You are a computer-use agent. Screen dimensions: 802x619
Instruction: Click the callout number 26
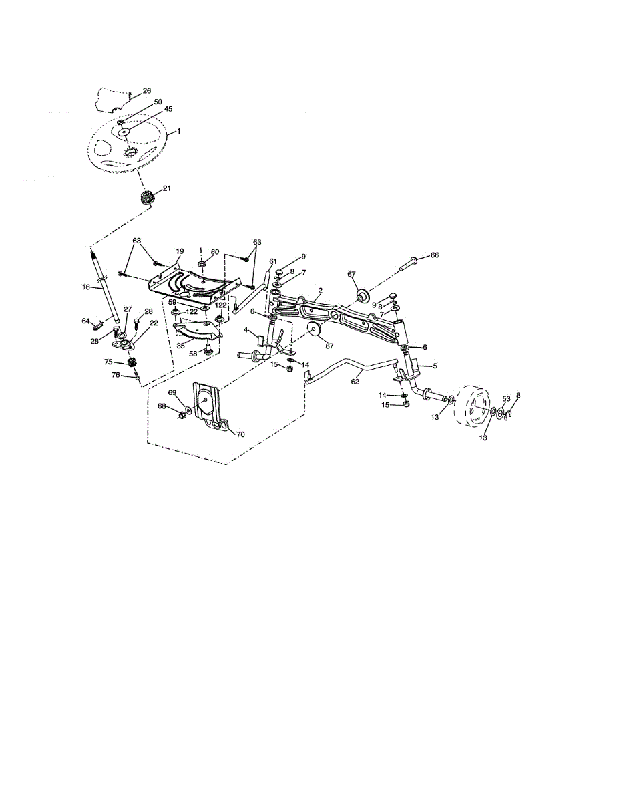coord(147,91)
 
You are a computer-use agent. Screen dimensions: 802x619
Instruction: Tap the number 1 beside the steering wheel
coord(178,131)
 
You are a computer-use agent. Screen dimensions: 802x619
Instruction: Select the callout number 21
coord(166,188)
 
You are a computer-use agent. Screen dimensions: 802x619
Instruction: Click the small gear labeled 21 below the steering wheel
coord(144,198)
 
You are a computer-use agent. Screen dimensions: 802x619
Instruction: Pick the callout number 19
coord(180,251)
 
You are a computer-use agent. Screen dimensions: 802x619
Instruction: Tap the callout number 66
coord(435,255)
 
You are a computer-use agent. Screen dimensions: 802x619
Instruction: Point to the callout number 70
coord(240,434)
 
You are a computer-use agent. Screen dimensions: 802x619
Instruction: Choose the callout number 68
coord(162,406)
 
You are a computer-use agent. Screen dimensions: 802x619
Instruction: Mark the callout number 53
coord(506,399)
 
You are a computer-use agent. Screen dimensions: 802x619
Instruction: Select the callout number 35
coord(180,346)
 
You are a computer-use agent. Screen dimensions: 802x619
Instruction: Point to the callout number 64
coord(85,321)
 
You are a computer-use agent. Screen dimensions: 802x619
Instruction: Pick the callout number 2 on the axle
coord(321,290)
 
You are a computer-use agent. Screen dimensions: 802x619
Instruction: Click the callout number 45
coord(168,108)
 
